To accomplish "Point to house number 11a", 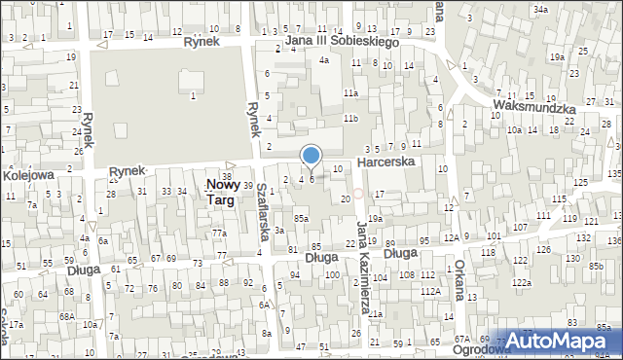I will click(x=350, y=93).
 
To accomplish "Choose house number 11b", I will click(x=350, y=118).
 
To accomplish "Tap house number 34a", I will click(x=540, y=9).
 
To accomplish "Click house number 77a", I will click(x=220, y=234).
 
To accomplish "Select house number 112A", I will click(x=428, y=291).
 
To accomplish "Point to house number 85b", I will click(x=595, y=267).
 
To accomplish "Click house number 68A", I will click(x=67, y=316).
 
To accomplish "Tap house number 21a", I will click(x=375, y=314).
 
